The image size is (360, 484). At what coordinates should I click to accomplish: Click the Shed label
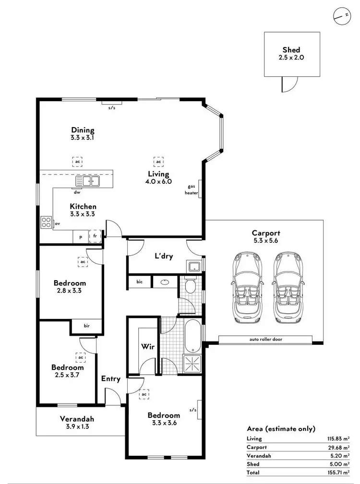[291, 50]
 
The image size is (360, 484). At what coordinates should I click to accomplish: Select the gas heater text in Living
[192, 189]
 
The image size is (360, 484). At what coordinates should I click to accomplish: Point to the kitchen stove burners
[47, 222]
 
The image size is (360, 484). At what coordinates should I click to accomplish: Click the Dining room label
[83, 130]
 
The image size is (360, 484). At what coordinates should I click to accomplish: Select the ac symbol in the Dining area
[77, 162]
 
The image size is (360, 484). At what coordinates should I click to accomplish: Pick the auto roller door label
[265, 339]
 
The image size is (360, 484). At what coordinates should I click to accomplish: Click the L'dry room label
[163, 256]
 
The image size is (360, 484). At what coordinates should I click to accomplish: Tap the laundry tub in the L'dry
[194, 267]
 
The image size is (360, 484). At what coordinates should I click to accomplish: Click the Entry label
[110, 378]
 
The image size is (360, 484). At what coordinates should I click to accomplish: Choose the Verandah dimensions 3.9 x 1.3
[77, 425]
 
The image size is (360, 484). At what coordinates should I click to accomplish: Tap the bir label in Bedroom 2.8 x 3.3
[87, 326]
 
